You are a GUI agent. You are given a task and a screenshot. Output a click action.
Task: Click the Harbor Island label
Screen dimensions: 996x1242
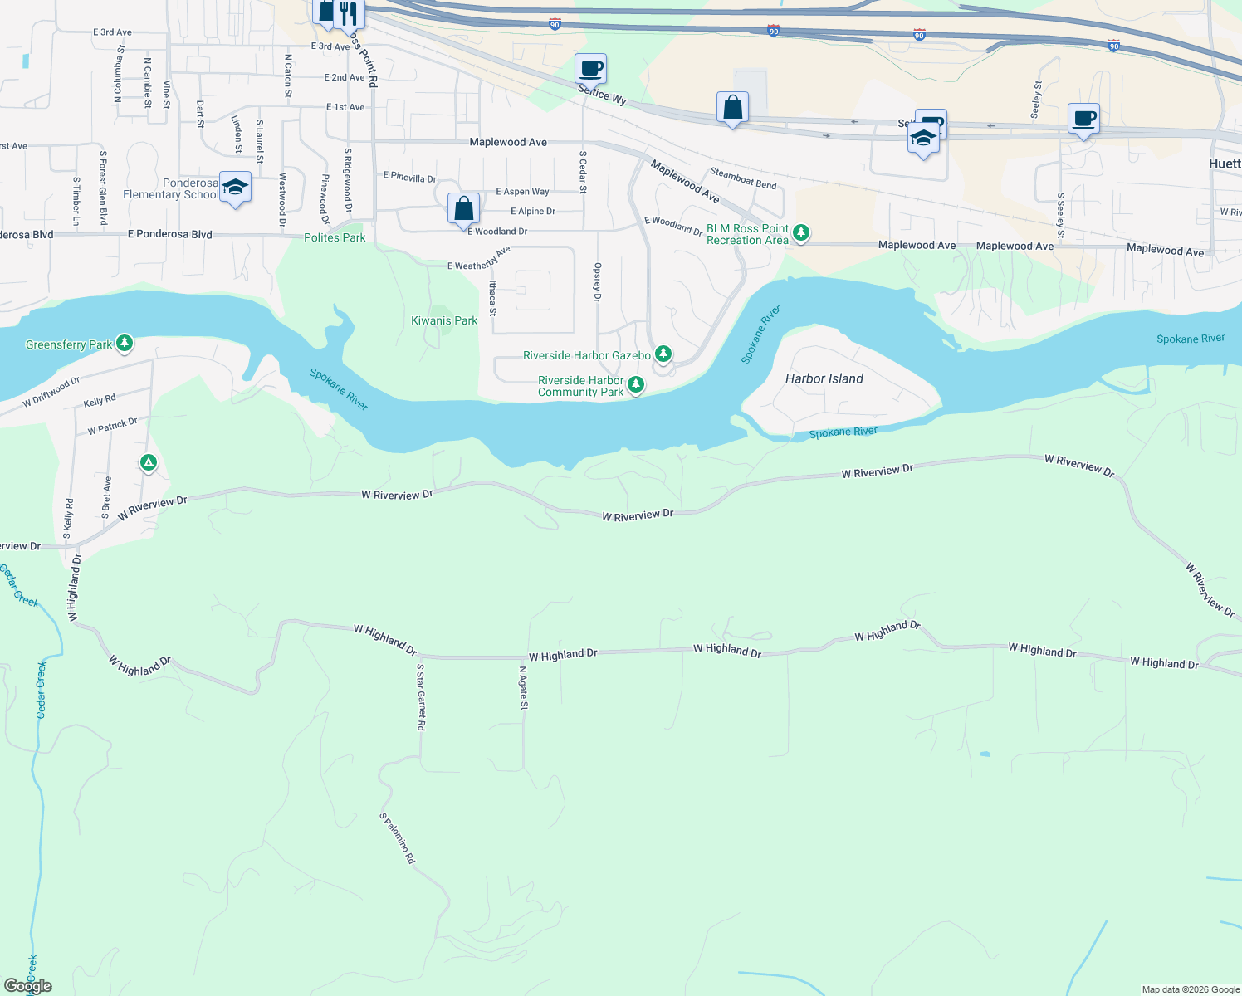point(824,378)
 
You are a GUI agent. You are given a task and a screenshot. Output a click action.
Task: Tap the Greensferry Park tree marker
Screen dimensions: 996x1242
point(125,343)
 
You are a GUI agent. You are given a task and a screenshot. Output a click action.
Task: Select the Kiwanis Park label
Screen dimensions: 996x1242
point(444,320)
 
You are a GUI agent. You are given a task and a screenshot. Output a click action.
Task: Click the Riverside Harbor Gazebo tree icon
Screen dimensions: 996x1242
point(663,354)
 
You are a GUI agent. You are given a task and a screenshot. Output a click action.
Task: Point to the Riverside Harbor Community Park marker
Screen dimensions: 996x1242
point(635,384)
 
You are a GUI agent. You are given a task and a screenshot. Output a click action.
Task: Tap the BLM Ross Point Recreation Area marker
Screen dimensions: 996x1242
point(801,232)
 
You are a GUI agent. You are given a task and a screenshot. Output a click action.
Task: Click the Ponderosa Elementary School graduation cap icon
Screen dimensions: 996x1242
point(236,188)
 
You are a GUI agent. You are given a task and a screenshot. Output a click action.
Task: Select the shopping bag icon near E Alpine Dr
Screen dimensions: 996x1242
point(463,208)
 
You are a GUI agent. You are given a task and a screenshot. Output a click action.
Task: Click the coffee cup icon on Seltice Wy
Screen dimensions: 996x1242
point(590,69)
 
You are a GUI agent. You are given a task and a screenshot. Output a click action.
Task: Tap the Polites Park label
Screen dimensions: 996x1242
point(335,237)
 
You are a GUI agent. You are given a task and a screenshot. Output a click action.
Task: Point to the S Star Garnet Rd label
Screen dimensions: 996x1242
point(421,697)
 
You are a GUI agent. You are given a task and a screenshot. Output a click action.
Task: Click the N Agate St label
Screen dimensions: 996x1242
point(523,688)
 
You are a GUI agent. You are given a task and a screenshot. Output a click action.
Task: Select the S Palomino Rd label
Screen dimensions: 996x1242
point(398,838)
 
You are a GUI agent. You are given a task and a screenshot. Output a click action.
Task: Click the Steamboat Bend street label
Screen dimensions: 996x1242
point(743,178)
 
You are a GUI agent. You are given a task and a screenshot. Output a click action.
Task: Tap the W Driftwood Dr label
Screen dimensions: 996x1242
point(51,392)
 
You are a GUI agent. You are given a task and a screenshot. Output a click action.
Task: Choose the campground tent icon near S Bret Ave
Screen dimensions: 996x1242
point(149,462)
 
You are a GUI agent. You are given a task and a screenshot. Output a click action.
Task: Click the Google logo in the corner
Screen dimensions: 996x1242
point(27,986)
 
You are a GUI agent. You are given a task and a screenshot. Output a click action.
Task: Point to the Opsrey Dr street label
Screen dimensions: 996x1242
point(597,282)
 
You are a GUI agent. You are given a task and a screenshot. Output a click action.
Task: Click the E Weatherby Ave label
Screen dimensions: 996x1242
point(479,259)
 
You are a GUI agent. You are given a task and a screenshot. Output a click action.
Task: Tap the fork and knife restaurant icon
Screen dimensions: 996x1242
point(349,12)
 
